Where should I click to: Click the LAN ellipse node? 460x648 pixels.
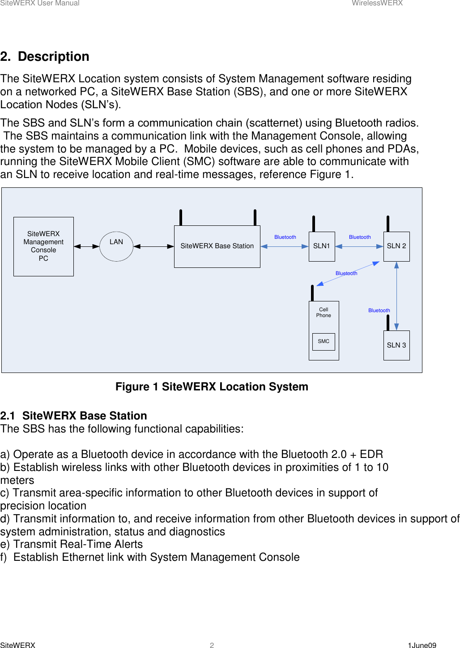(x=116, y=246)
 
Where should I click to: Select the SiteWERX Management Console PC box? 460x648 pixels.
(x=43, y=246)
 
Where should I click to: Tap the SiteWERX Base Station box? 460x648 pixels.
(x=217, y=246)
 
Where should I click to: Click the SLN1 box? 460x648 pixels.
(x=321, y=246)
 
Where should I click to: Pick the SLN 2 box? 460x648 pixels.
(x=396, y=246)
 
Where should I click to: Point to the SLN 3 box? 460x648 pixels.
(x=396, y=345)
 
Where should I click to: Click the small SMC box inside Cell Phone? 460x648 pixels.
(x=324, y=342)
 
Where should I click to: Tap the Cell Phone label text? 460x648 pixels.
(x=324, y=313)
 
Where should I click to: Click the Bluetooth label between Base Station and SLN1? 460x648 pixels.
(x=285, y=237)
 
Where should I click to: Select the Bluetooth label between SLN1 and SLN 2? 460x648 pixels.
(x=360, y=237)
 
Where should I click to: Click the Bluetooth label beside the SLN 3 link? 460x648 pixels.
(x=379, y=310)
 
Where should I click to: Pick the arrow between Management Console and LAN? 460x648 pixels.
(x=86, y=246)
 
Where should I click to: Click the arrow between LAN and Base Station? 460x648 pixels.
(x=153, y=246)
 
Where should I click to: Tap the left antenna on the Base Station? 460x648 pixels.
(x=181, y=218)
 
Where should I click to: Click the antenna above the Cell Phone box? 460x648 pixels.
(x=312, y=293)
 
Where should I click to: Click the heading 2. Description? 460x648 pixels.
(x=45, y=57)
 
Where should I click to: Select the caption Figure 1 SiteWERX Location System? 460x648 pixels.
(x=212, y=387)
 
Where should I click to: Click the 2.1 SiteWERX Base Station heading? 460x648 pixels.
(x=74, y=416)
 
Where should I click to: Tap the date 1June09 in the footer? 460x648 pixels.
(x=422, y=645)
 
